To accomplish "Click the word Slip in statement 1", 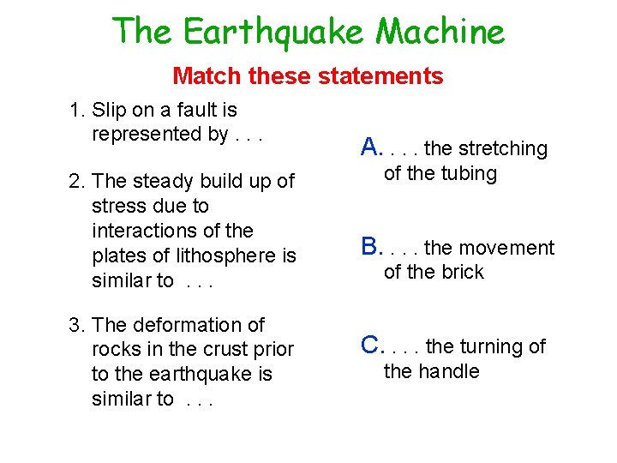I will click(108, 110).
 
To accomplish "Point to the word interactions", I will click(141, 231).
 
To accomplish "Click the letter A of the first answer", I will click(370, 147).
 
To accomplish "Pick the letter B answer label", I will click(370, 247).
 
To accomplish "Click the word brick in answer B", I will click(463, 272).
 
